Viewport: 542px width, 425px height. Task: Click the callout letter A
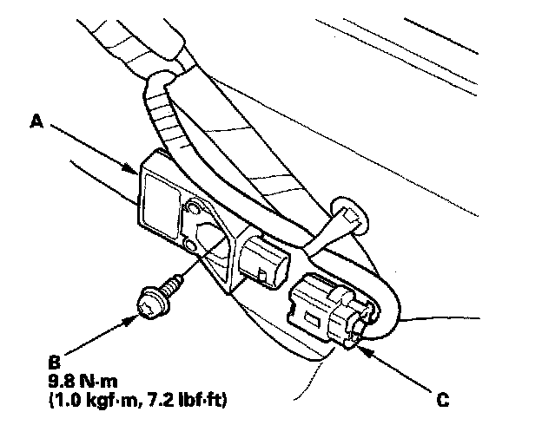(37, 123)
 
